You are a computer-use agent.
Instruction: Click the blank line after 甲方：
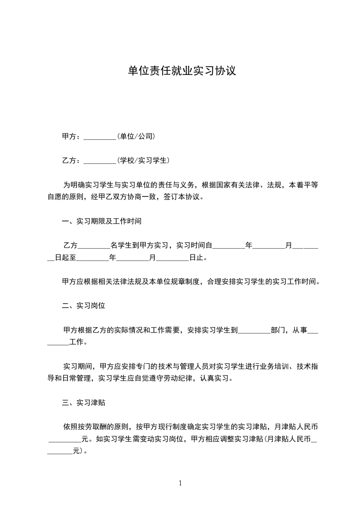100,136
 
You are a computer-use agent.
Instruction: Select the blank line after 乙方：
100,160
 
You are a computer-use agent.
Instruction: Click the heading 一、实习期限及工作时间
102,221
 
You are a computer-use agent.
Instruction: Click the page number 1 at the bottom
180,483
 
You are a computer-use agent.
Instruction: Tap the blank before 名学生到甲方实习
94,246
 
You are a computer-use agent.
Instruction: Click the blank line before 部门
254,331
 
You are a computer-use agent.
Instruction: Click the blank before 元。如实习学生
64,439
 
